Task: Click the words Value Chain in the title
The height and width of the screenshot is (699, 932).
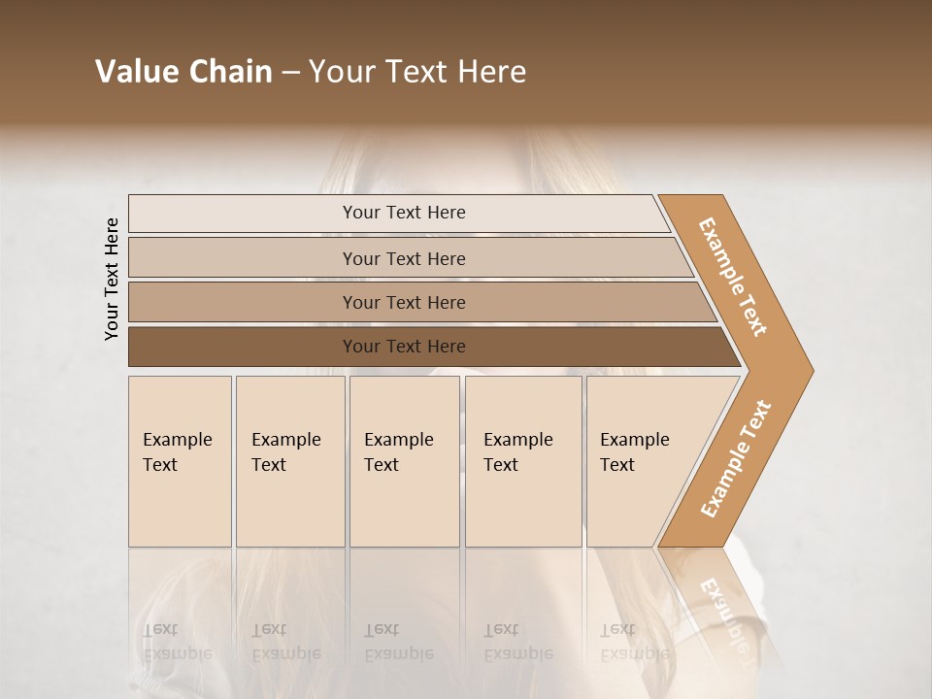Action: [x=183, y=72]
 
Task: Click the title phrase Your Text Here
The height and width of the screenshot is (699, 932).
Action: [x=417, y=72]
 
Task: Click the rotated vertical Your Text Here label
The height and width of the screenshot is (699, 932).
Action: [x=112, y=279]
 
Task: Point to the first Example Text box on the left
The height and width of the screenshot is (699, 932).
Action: [x=180, y=461]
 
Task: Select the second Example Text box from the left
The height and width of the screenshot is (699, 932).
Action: [x=289, y=461]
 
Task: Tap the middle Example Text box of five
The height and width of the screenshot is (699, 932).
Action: [x=404, y=461]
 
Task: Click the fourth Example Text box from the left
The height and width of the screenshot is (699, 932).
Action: [x=522, y=461]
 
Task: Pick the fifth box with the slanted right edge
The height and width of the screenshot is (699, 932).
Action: [x=641, y=461]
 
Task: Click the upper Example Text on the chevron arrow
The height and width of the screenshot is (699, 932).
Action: [x=733, y=277]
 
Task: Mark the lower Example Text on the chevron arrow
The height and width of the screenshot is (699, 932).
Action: [x=735, y=458]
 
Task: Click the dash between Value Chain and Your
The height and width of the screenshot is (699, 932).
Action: [x=290, y=73]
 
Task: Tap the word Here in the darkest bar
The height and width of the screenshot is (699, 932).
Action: [x=446, y=347]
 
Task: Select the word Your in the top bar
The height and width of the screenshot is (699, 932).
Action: [x=361, y=213]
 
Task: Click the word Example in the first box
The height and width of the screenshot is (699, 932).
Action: [x=177, y=440]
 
